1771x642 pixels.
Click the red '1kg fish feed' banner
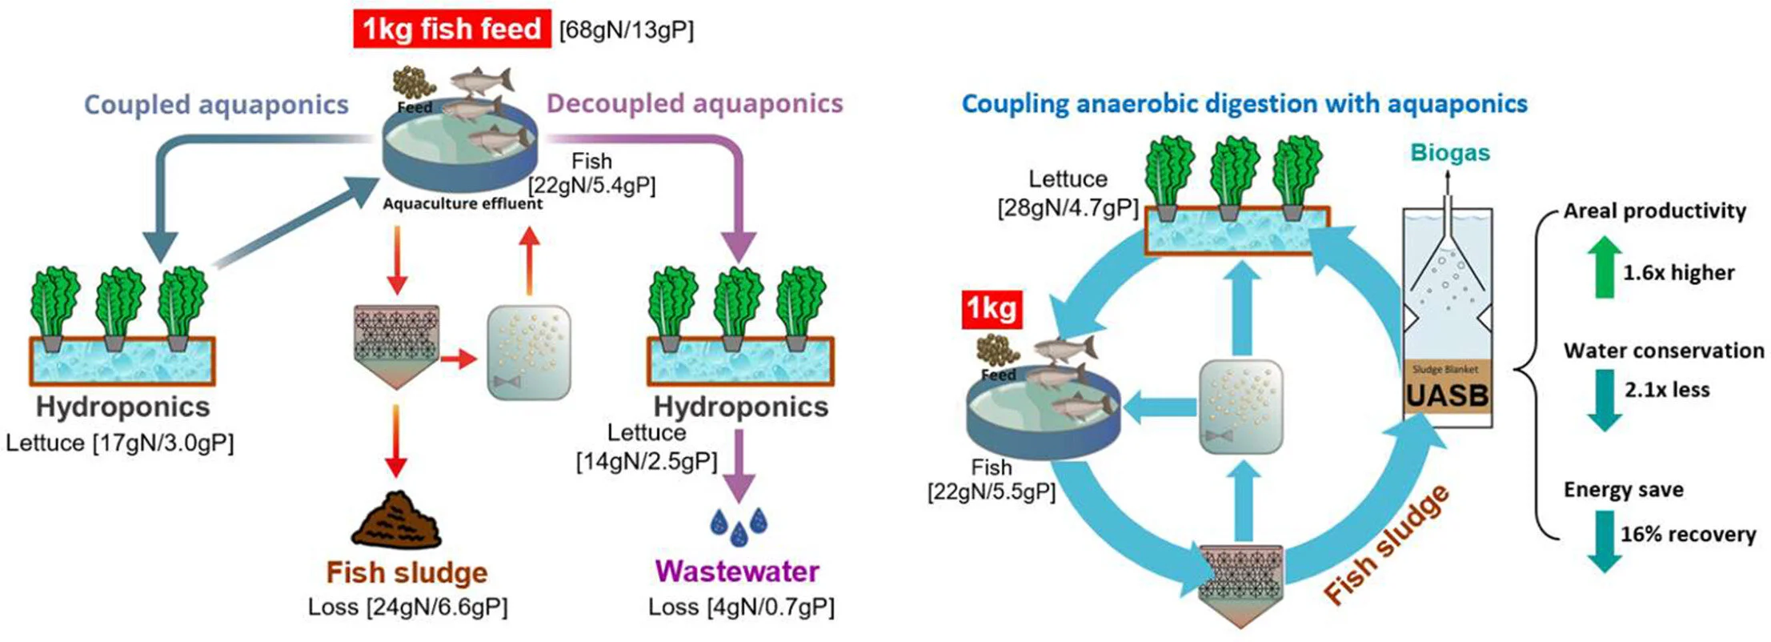pos(451,30)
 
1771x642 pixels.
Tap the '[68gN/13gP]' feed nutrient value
pos(627,30)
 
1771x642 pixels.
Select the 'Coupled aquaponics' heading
pos(216,105)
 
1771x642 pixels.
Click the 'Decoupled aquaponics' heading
pos(695,103)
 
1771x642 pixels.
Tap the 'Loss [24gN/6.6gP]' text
pos(407,608)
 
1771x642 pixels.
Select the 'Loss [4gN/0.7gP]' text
pos(741,608)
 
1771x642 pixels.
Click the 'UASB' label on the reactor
pos(1447,395)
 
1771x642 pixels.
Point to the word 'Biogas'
pos(1450,152)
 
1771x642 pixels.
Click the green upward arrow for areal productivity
pos(1604,267)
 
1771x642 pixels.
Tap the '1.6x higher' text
pos(1678,273)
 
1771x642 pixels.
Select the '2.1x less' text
pos(1667,390)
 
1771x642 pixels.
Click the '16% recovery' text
pos(1688,534)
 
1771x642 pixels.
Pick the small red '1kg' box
pos(992,308)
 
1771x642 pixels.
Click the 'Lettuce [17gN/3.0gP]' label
pos(120,443)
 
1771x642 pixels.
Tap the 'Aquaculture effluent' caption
pos(463,203)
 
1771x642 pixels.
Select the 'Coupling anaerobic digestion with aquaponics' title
pos(1244,103)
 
